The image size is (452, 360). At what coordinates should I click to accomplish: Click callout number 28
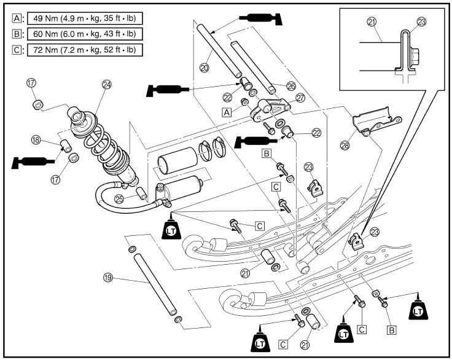click(x=345, y=145)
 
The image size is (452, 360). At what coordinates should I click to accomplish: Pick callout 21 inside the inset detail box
click(x=371, y=21)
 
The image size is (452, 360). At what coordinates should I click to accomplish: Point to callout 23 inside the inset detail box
click(x=421, y=21)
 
